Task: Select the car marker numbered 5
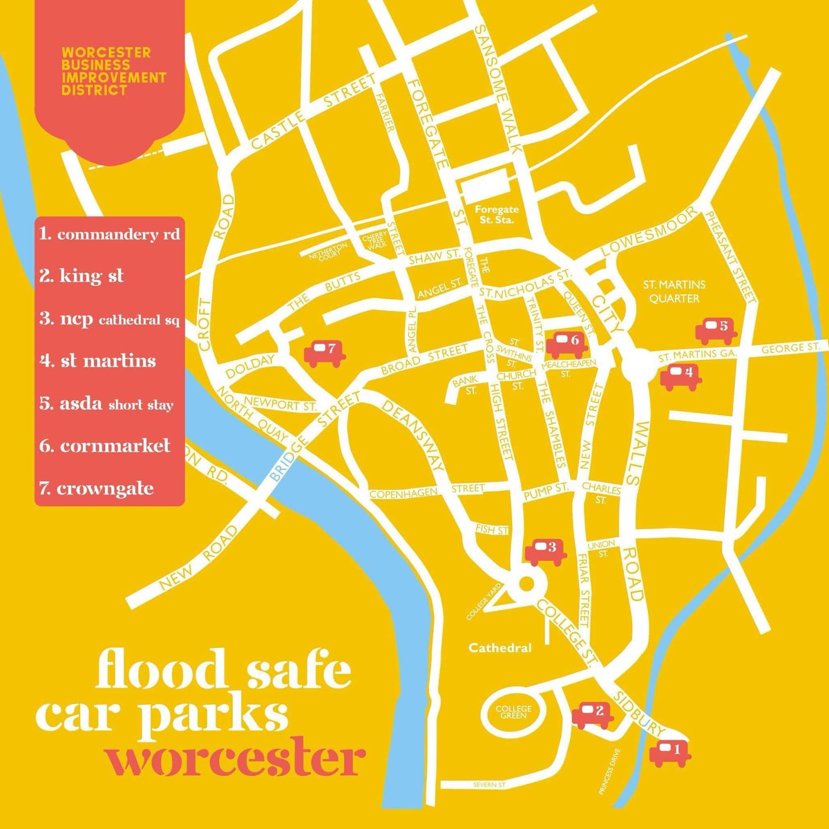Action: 716,331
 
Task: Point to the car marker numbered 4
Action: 680,377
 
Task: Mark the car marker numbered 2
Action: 592,714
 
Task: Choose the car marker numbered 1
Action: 669,752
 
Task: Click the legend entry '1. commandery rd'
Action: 110,234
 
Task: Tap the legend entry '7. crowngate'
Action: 97,488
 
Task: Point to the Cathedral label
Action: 500,648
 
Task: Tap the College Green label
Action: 514,713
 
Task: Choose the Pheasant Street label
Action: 732,256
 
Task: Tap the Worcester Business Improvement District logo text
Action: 114,71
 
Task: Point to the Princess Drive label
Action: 613,772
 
